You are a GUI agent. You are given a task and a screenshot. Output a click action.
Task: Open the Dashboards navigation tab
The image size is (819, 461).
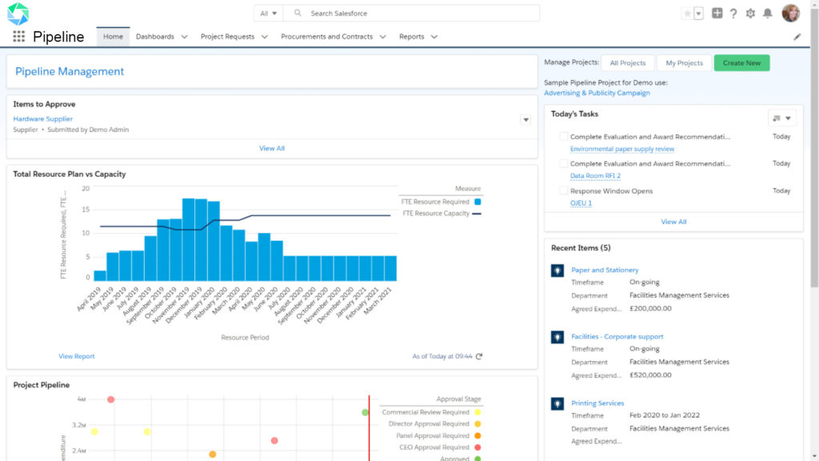point(154,37)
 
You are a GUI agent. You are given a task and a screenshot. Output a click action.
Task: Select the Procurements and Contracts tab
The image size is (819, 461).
point(326,37)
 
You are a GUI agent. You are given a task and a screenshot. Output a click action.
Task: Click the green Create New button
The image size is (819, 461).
point(741,63)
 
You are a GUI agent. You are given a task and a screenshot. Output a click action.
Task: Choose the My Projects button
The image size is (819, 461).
point(684,63)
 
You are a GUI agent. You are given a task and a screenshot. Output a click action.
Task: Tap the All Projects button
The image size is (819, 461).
point(627,63)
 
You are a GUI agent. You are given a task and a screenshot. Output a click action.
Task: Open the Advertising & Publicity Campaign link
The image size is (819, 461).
point(597,93)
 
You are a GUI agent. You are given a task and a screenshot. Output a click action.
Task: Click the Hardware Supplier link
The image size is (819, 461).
point(43,119)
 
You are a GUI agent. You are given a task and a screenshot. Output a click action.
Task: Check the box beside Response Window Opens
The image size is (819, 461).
point(564,191)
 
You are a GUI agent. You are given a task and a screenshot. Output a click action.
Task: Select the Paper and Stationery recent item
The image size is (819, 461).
point(605,271)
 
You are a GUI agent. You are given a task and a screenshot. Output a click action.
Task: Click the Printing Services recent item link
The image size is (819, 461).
point(597,403)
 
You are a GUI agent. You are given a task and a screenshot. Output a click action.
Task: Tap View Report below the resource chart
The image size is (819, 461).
point(77,356)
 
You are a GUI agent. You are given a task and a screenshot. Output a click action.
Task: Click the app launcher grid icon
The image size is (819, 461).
point(18,37)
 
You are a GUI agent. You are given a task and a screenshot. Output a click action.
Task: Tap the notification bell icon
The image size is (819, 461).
point(768,14)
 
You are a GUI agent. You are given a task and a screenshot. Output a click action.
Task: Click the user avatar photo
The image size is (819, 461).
point(790,14)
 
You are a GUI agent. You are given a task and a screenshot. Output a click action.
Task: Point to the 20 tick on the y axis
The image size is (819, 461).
point(86,189)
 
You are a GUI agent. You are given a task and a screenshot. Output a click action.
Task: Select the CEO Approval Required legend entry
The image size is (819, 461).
point(434,447)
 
